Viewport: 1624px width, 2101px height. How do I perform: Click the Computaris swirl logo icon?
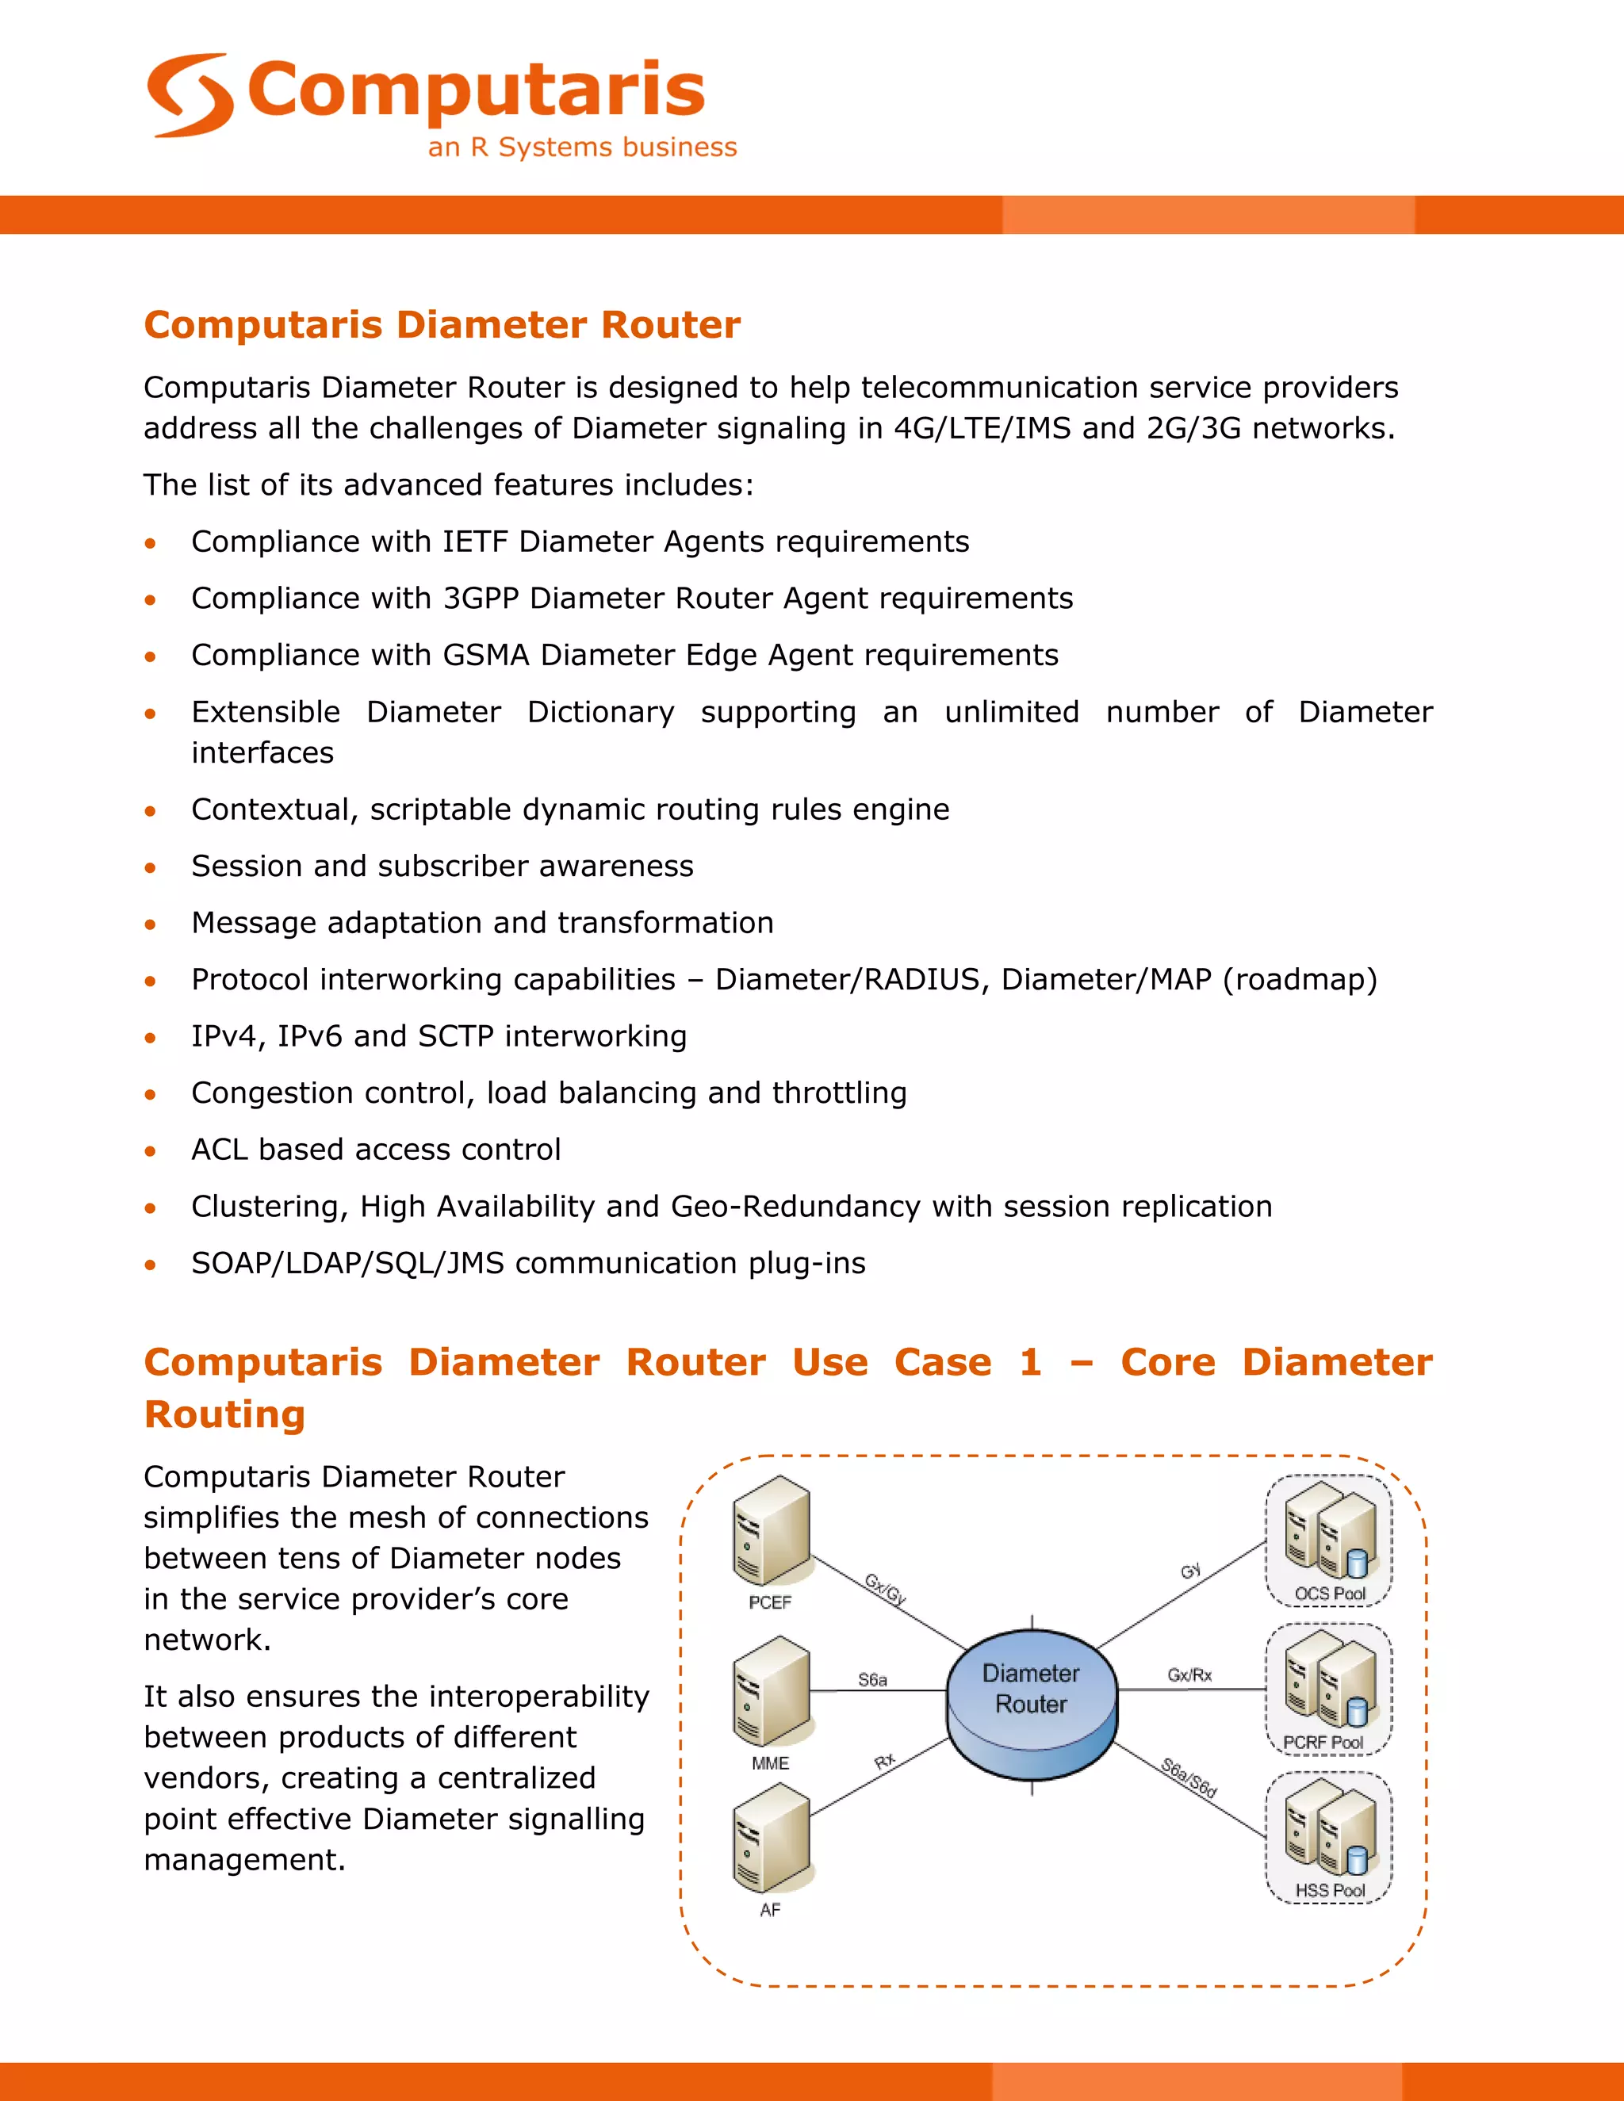(190, 94)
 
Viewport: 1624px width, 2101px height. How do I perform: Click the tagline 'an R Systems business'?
(582, 147)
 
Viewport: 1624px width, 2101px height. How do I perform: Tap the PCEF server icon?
(771, 1530)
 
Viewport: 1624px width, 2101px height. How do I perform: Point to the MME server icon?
(771, 1692)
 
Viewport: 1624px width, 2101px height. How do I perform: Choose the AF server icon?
(771, 1838)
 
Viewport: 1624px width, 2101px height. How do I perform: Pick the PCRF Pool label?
(1323, 1742)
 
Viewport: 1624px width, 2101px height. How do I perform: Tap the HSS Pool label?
(1330, 1890)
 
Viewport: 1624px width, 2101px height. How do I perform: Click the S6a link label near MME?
(872, 1680)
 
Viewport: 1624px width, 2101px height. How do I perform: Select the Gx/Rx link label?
(1189, 1674)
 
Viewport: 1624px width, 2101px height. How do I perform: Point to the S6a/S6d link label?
(1189, 1778)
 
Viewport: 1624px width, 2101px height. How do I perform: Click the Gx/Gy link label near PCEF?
(885, 1589)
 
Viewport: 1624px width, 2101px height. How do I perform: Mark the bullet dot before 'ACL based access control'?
(150, 1150)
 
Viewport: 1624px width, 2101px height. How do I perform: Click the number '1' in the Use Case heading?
(1030, 1362)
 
